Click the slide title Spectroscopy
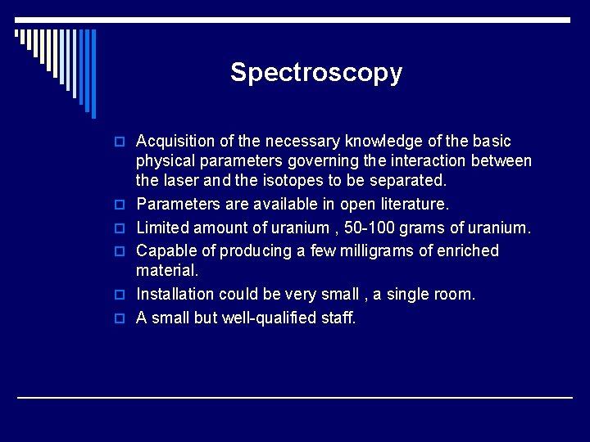coord(316,73)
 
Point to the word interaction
coord(449,160)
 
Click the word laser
coord(182,179)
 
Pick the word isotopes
coord(283,179)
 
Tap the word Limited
coord(162,227)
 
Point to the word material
coord(167,269)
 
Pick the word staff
coord(338,318)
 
